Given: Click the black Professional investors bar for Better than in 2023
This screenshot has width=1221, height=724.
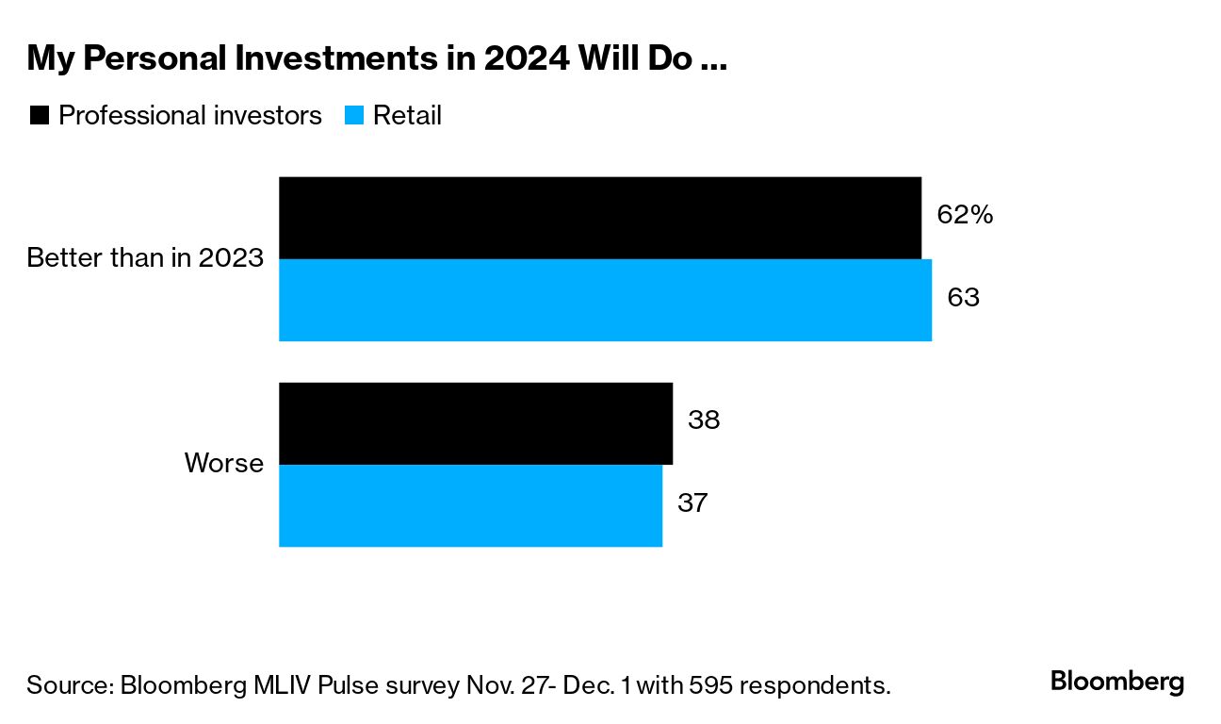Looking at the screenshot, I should coord(599,218).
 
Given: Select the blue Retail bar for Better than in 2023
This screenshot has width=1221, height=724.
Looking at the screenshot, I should coord(605,300).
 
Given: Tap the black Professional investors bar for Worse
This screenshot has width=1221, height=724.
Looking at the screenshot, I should coord(476,423).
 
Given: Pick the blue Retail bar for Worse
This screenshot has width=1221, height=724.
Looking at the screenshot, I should coord(470,505).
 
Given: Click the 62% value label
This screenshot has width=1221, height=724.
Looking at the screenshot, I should coord(965,215).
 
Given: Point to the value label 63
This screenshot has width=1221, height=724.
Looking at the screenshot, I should coord(964,298).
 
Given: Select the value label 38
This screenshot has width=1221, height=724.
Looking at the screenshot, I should coord(704,420).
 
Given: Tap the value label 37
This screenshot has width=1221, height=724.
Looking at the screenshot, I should coord(692,502).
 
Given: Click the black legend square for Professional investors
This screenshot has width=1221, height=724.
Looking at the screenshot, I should coord(40,116).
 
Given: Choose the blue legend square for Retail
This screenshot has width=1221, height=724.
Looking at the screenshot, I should coord(354,116).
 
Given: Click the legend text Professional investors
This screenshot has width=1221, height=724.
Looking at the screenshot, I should coord(190,116).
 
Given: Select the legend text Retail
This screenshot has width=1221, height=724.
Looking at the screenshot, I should coord(407,116).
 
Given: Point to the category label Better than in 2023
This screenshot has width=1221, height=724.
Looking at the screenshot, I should coord(145,258).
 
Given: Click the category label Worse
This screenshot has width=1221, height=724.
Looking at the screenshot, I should coord(223,464).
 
